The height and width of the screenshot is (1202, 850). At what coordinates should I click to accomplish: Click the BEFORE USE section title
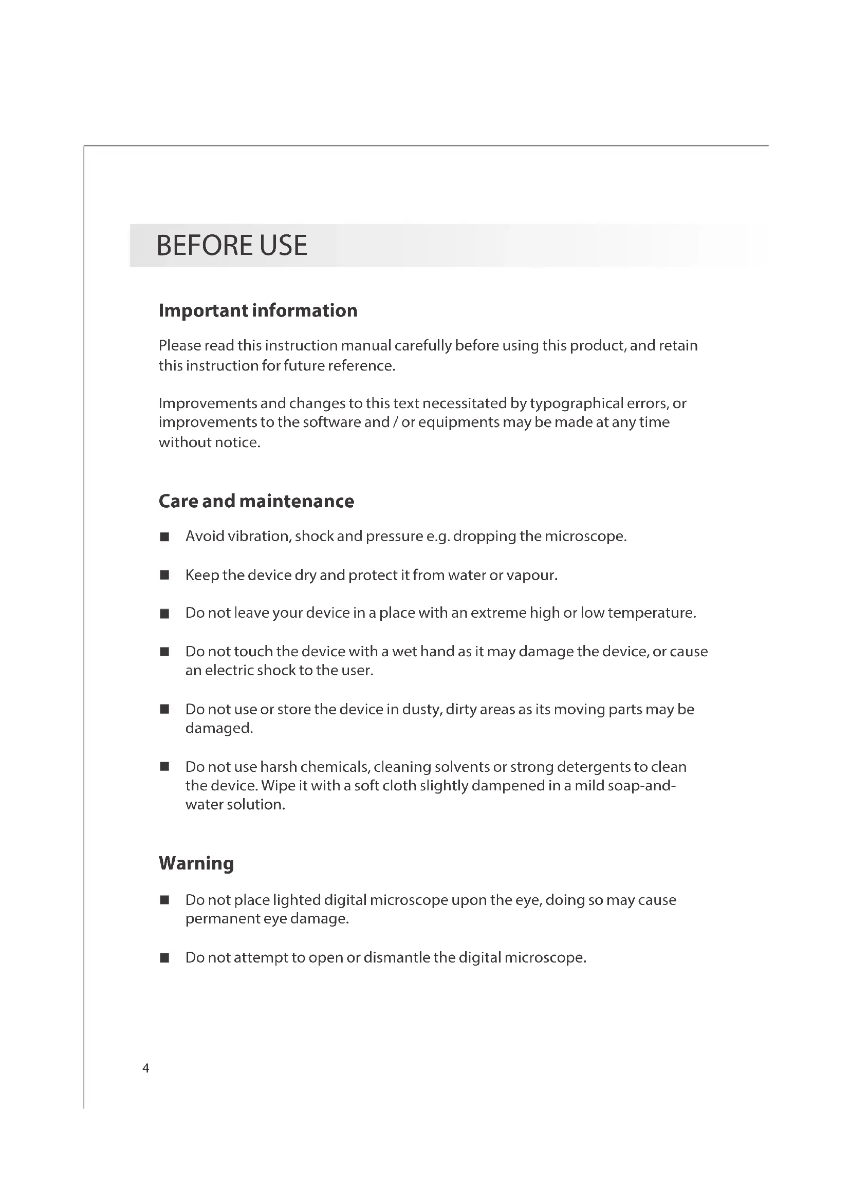point(231,245)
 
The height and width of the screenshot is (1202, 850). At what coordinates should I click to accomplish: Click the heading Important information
point(258,310)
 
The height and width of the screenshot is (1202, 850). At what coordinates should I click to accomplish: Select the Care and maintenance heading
point(256,501)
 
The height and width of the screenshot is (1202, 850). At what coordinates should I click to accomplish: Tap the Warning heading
point(196,863)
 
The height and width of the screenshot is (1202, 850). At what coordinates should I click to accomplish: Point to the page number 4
point(146,1068)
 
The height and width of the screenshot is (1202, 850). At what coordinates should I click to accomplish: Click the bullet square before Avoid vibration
point(164,537)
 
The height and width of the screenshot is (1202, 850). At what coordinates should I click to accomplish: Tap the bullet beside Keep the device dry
point(164,576)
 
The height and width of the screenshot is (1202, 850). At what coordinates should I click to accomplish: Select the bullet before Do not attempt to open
point(164,958)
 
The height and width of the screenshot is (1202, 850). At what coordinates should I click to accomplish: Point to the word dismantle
point(396,957)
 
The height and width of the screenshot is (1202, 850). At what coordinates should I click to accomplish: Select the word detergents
point(593,767)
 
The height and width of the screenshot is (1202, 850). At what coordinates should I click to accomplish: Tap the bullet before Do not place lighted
point(164,900)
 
